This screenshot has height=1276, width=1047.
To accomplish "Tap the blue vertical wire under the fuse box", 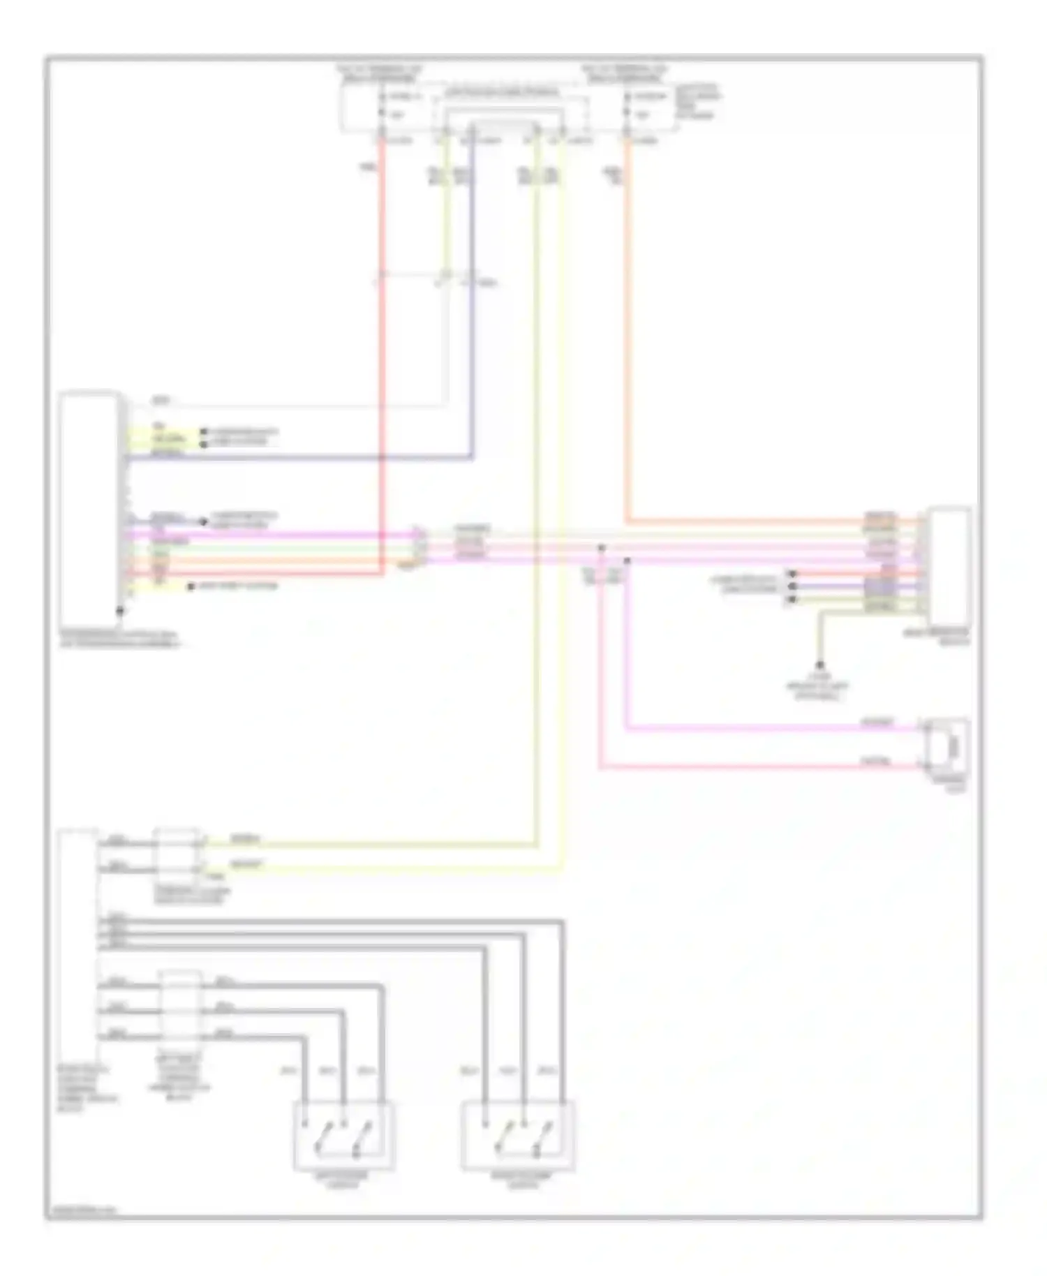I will pos(473,314).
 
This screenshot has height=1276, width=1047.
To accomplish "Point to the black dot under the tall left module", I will pos(120,611).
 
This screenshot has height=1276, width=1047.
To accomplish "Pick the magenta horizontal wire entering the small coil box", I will pos(768,729).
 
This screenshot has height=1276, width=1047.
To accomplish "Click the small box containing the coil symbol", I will pos(947,745).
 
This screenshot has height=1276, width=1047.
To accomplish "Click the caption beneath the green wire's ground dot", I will pos(817,687).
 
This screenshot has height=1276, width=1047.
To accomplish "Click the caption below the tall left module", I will pos(119,639).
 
